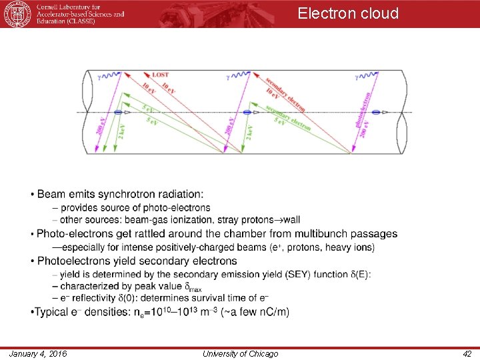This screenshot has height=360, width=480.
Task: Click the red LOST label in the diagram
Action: pos(160,75)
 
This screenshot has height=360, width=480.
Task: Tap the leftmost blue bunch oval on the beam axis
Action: pos(119,113)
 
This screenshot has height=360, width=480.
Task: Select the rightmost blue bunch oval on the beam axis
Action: pos(375,113)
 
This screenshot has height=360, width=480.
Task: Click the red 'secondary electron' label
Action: pos(287,94)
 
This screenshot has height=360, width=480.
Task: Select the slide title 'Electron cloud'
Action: pos(348,13)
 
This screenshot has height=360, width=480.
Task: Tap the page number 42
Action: pos(467,353)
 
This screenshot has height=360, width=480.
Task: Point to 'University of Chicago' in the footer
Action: pos(240,353)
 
